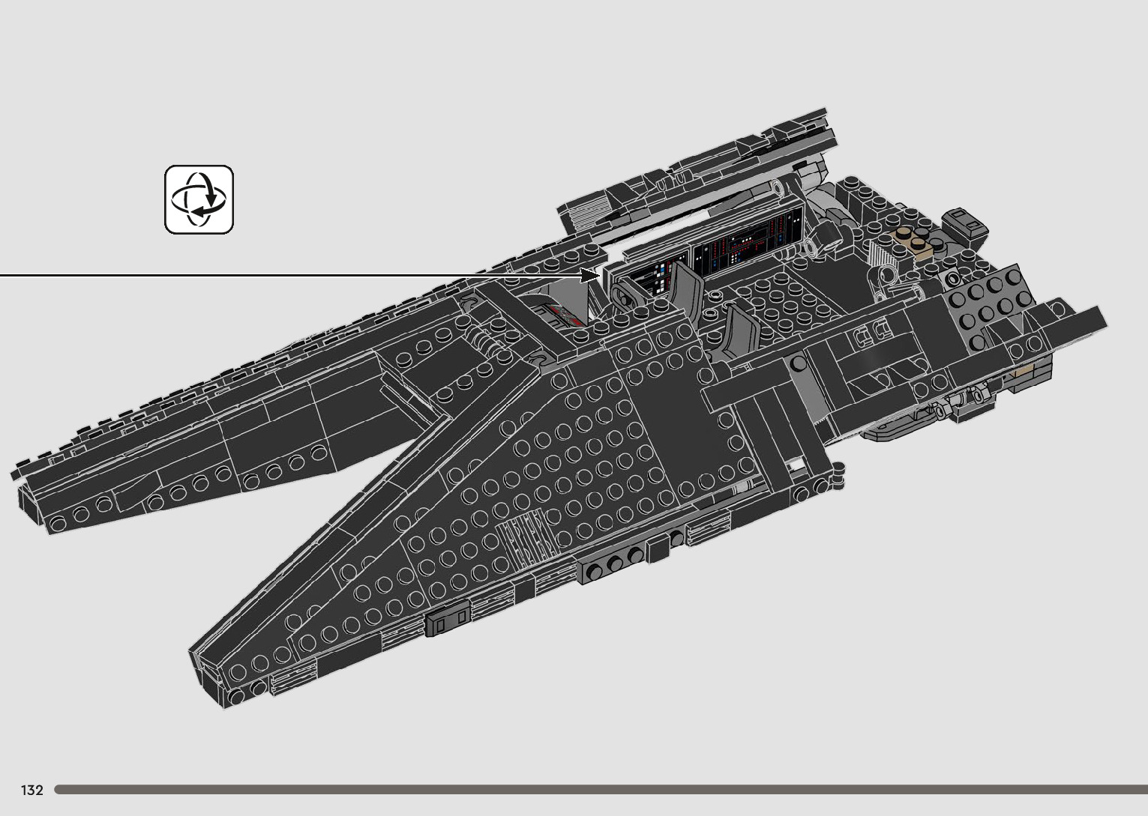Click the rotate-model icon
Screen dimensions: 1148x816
click(199, 199)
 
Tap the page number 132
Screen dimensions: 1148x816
click(32, 790)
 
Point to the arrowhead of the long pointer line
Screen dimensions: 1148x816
click(592, 276)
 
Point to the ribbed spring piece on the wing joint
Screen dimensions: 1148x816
click(487, 345)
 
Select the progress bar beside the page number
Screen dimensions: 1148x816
click(600, 789)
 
